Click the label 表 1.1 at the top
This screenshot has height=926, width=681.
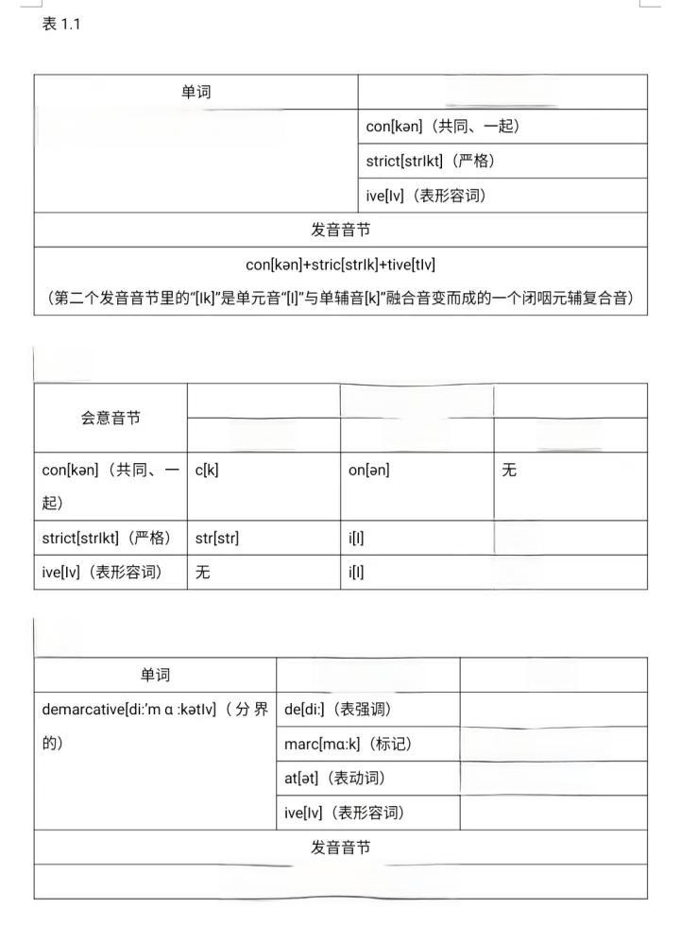point(61,25)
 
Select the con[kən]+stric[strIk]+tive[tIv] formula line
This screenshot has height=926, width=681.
point(340,265)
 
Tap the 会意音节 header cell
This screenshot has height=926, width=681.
point(111,418)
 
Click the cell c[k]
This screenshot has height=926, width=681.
point(207,470)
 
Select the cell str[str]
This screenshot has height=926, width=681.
point(217,538)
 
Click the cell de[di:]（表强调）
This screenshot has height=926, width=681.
point(337,709)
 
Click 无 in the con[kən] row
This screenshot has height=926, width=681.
point(509,470)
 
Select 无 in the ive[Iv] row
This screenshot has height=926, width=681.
point(203,572)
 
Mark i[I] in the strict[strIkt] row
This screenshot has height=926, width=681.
point(356,538)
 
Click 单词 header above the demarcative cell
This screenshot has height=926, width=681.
point(155,675)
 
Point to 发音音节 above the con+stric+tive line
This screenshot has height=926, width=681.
point(340,230)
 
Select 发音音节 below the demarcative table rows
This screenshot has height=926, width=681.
point(340,847)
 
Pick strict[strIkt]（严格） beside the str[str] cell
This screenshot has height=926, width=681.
point(107,538)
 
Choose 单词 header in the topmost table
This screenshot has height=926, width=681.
point(196,92)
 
